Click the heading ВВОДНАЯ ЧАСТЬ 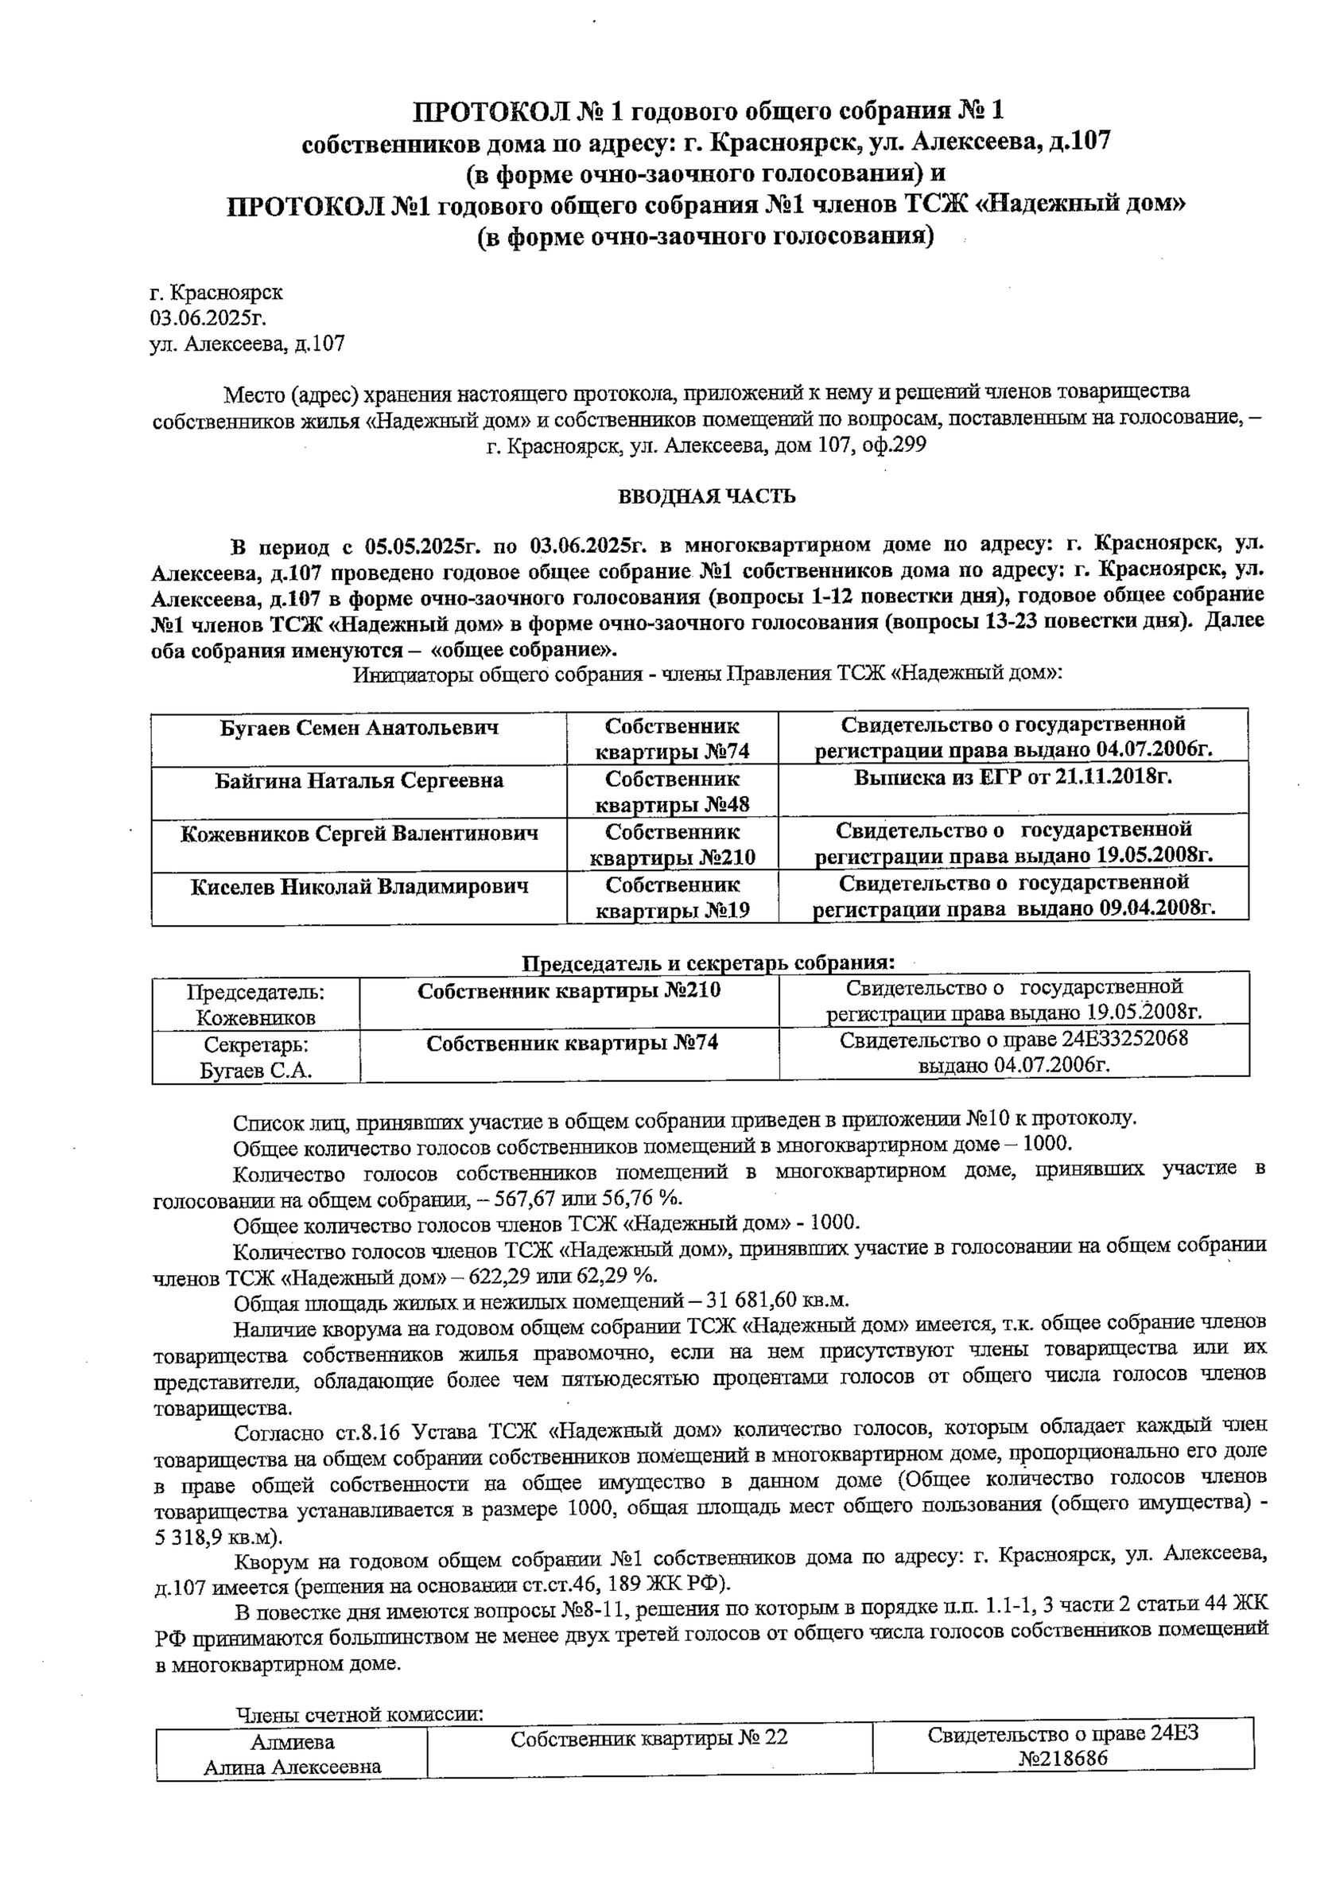707,496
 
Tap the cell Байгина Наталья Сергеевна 359,780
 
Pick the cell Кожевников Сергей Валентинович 359,834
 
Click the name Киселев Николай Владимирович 359,886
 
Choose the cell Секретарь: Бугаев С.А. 255,1057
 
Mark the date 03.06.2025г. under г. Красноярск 208,317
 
